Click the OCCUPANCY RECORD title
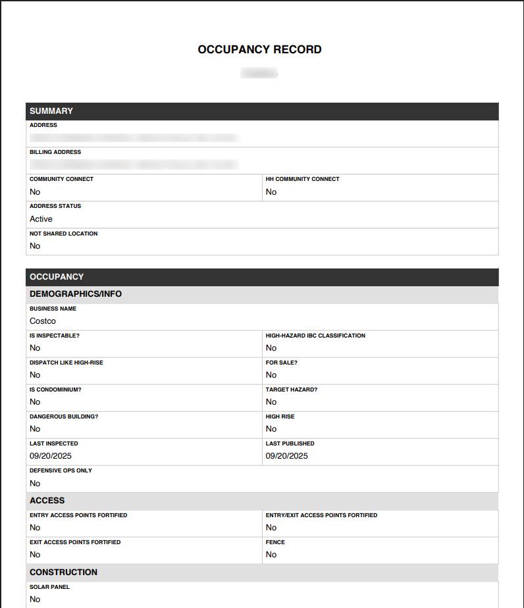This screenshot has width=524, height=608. pos(259,49)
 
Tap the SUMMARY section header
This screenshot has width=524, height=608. pos(51,111)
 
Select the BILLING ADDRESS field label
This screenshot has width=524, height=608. pos(55,152)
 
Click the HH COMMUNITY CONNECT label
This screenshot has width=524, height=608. pos(302,179)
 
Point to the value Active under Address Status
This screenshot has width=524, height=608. pos(41,219)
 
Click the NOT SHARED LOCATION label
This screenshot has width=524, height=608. pos(63,234)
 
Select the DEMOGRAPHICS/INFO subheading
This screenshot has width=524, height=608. pos(76,294)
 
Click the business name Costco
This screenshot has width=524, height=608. pos(43,321)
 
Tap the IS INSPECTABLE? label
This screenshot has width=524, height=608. pos(55,336)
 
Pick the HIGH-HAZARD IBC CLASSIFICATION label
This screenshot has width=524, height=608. pos(315,336)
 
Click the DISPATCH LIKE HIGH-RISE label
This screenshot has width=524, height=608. pos(66,363)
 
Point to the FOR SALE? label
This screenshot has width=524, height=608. pos(282,363)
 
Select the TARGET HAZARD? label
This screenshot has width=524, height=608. pos(292,390)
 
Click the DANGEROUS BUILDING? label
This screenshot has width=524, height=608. pos(64,417)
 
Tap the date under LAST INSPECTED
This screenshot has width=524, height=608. pos(51,456)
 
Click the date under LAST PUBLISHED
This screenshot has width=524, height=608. pos(286,456)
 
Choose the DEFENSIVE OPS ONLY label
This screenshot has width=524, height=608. pos(61,470)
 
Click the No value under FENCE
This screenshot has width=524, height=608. pos(271,555)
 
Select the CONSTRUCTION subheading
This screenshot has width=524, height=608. pos(63,572)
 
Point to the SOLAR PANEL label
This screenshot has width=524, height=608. pos(49,587)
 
